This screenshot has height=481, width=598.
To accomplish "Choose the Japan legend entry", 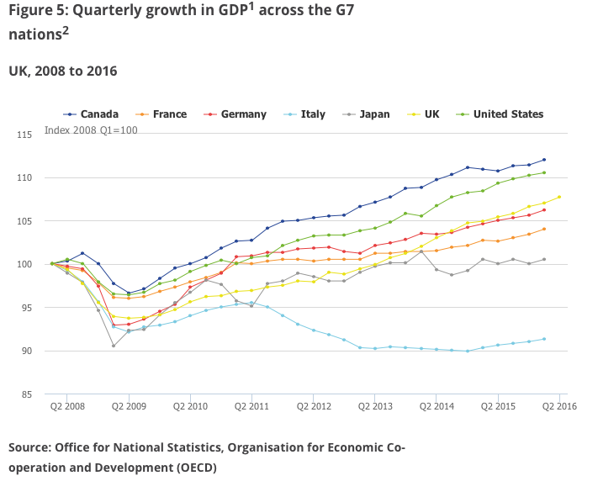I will [x=373, y=114].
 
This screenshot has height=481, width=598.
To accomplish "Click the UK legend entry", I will [x=431, y=114].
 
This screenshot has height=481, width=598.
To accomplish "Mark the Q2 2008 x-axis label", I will [x=67, y=406].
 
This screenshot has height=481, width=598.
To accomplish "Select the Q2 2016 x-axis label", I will [x=558, y=406].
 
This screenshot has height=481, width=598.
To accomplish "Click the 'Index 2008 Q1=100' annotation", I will [x=91, y=130].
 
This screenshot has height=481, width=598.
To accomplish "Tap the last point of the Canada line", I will [x=544, y=160].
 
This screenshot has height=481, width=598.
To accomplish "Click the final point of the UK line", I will [x=559, y=197].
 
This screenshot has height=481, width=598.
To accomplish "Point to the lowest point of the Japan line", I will [x=114, y=346].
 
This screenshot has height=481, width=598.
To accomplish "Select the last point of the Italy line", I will [x=544, y=339].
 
